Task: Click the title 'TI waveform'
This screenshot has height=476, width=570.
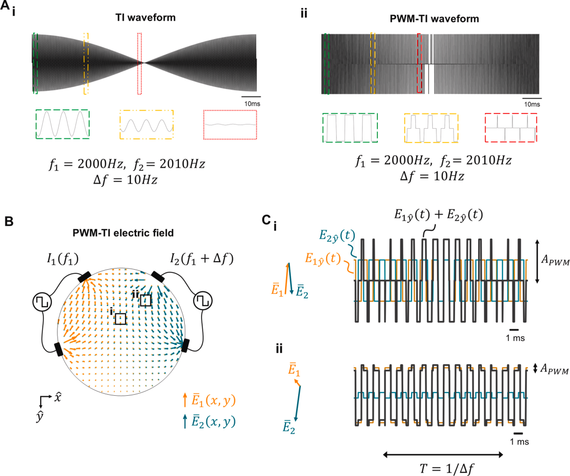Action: pyautogui.click(x=145, y=18)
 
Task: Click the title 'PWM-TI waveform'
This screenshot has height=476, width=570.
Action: pyautogui.click(x=430, y=20)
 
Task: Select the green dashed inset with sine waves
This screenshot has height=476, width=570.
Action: pyautogui.click(x=62, y=124)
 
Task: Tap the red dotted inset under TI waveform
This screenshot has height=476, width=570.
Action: pyautogui.click(x=230, y=125)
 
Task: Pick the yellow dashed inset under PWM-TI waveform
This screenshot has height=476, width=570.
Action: pyautogui.click(x=431, y=128)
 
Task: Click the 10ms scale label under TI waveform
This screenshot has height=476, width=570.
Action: pyautogui.click(x=251, y=104)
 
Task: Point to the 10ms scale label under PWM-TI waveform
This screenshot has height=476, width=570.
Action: pyautogui.click(x=531, y=105)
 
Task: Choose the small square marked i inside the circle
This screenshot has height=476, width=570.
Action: pyautogui.click(x=120, y=319)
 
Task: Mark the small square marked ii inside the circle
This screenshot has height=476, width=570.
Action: pyautogui.click(x=146, y=300)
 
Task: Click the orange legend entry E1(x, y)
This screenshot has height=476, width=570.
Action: pyautogui.click(x=208, y=402)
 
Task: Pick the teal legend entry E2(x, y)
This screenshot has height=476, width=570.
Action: pyautogui.click(x=208, y=422)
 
